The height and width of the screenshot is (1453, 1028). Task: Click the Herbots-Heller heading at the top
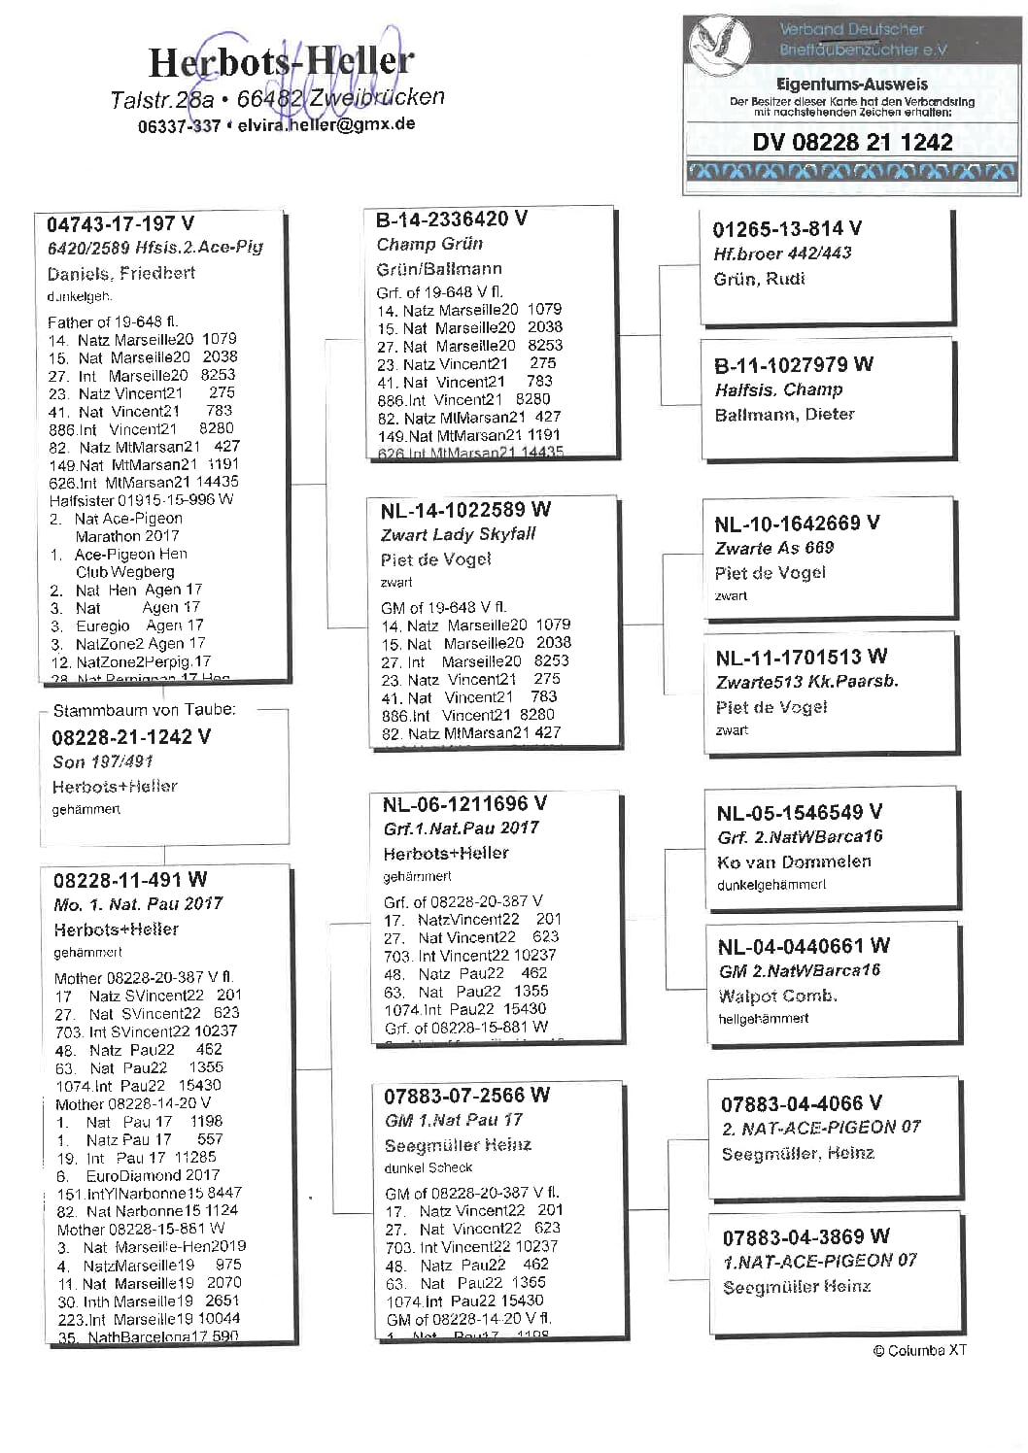(x=281, y=63)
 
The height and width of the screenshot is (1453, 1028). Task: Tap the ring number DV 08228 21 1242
(x=852, y=143)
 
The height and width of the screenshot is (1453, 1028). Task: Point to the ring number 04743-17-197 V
(x=120, y=225)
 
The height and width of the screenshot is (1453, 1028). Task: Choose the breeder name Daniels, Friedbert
(x=120, y=273)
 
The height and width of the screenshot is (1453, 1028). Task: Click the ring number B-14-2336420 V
(x=452, y=220)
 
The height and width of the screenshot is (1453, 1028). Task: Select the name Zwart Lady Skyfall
(x=458, y=534)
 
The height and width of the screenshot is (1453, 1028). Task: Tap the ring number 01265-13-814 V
(x=787, y=229)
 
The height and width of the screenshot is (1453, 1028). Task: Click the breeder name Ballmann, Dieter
(x=784, y=415)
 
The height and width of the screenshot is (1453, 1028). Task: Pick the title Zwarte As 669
(x=774, y=548)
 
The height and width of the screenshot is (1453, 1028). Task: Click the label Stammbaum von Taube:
(x=144, y=710)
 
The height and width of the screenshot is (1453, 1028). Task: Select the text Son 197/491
(x=103, y=761)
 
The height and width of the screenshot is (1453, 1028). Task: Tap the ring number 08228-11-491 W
(x=130, y=880)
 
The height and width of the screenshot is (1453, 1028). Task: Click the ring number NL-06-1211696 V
(x=464, y=804)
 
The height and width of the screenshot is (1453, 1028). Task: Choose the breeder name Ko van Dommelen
(x=794, y=862)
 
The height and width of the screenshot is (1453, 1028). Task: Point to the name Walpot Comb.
(x=777, y=996)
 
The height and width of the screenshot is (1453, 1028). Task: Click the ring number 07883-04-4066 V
(x=802, y=1103)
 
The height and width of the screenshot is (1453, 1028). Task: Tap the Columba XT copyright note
(x=919, y=1350)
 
